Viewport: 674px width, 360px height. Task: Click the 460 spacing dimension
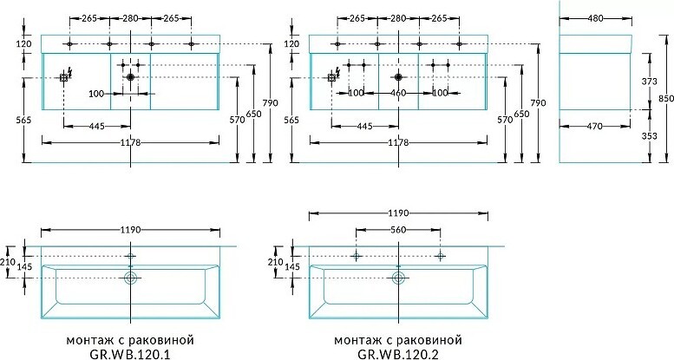(x=398, y=92)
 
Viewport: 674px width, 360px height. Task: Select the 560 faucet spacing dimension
(x=398, y=230)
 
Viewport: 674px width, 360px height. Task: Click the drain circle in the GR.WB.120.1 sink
(x=131, y=278)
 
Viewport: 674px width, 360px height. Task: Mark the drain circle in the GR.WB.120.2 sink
(x=399, y=278)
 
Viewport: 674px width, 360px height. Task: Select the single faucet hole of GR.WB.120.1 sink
(x=131, y=257)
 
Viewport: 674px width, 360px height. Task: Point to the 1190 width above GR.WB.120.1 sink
(x=130, y=230)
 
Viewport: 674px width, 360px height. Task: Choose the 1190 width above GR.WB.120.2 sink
(x=398, y=211)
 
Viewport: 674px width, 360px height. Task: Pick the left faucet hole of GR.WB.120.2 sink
(x=356, y=256)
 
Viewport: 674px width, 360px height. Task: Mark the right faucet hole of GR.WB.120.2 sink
(x=441, y=256)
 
